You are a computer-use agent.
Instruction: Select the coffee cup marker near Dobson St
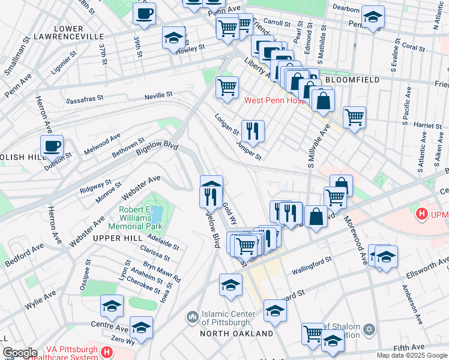pyautogui.click(x=52, y=146)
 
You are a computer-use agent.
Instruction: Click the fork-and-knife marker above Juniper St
pyautogui.click(x=253, y=130)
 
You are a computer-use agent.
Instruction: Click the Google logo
pyautogui.click(x=20, y=353)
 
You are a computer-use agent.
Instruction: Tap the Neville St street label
pyautogui.click(x=158, y=95)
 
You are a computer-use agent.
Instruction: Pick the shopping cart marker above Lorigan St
pyautogui.click(x=227, y=86)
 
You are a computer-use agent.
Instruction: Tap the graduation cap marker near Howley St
pyautogui.click(x=173, y=37)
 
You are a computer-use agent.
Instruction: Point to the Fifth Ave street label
pyautogui.click(x=409, y=347)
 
